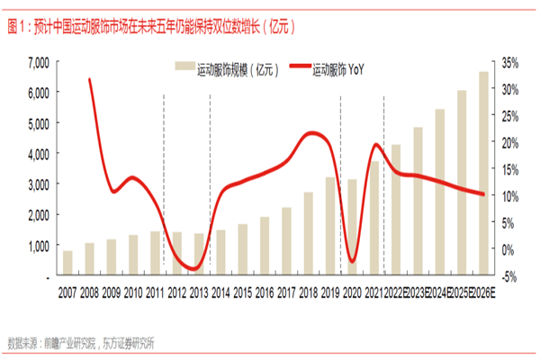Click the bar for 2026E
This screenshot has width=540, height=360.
[484, 171]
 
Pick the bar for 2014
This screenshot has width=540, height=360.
[220, 251]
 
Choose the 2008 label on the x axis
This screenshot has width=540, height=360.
[89, 293]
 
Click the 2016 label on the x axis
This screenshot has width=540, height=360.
[265, 293]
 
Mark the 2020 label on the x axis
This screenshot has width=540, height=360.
[352, 293]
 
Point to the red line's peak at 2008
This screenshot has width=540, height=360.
[89, 80]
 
